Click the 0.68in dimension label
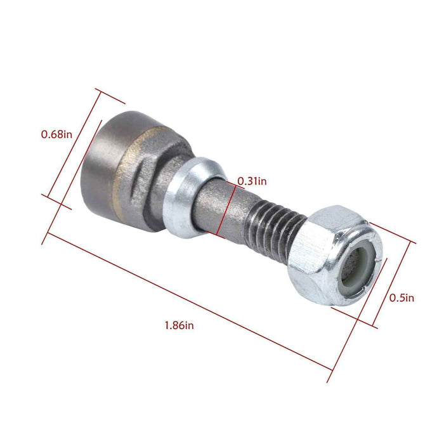56,134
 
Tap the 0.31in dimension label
252,181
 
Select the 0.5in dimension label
402,297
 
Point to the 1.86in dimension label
180,325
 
